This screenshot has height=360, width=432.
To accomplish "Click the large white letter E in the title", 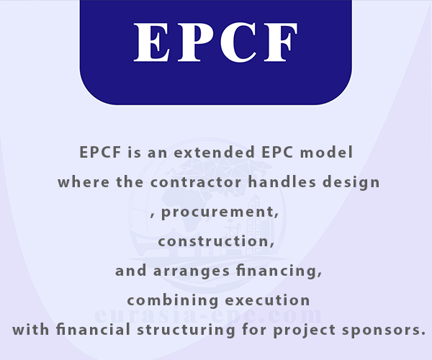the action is point(151,42).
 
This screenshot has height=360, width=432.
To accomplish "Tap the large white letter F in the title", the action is point(281,42).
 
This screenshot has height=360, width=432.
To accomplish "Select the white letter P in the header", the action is point(194,42).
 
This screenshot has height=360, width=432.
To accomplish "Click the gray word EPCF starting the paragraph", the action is point(100,152).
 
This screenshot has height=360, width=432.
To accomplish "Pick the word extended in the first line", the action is point(214,152).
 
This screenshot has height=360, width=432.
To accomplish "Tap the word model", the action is point(326,152).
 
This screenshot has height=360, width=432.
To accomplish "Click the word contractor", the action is point(196,182).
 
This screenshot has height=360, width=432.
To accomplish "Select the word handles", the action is point(282,181).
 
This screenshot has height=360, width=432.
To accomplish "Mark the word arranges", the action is point(192,271).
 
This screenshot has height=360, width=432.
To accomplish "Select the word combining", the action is point(173,300).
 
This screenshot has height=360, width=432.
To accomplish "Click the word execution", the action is point(268,300).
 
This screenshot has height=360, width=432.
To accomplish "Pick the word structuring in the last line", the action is point(186,330).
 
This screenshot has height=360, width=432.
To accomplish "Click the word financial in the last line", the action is point(94,330).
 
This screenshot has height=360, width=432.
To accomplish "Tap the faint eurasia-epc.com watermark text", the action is point(209,315).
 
